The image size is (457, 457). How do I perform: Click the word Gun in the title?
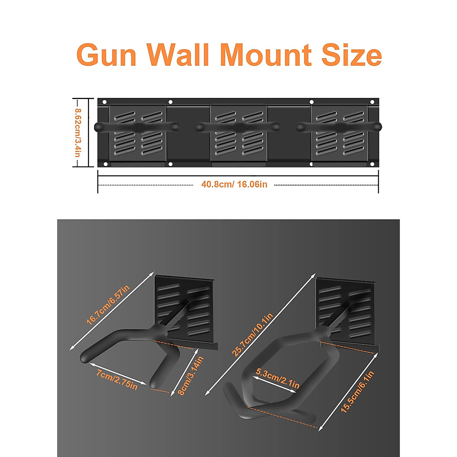click(106, 55)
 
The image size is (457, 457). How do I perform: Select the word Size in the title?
click(351, 55)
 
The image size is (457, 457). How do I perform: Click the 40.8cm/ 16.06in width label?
click(234, 185)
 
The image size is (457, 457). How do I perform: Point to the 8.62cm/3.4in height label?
click(77, 133)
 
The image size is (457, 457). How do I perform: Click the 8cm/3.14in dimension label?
click(191, 376)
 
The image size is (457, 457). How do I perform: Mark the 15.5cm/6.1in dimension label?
click(357, 392)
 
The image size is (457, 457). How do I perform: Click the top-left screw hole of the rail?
click(105, 102)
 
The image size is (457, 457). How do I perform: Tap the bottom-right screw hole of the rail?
click(372, 164)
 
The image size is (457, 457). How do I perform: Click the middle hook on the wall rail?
click(238, 127)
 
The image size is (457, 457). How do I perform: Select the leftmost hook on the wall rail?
click(136, 127)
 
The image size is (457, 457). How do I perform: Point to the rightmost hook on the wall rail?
click(339, 127)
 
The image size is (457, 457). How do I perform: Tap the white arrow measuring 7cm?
click(118, 373)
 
